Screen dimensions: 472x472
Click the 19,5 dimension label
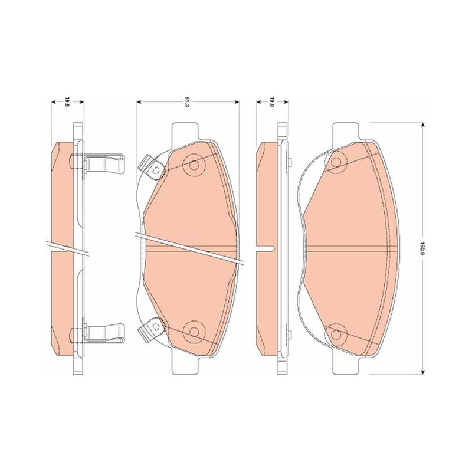(x=67, y=102)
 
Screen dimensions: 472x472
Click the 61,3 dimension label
(x=187, y=102)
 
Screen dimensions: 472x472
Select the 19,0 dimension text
(x=271, y=102)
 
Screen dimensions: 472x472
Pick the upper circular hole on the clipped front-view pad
(x=195, y=165)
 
